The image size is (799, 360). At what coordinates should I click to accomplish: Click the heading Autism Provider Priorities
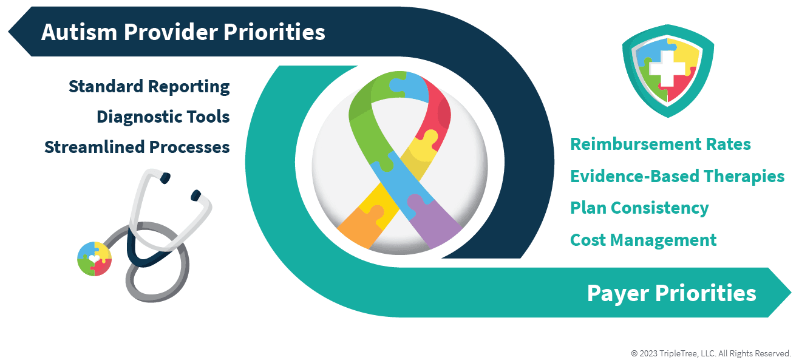[x=183, y=32]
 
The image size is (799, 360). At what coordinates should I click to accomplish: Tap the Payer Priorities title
[x=671, y=293]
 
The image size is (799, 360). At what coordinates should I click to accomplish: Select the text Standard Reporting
[x=149, y=87]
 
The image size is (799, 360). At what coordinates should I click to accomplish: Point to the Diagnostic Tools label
[x=163, y=117]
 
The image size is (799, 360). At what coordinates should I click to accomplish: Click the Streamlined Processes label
[x=137, y=147]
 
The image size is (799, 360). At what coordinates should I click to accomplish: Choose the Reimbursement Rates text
[x=661, y=144]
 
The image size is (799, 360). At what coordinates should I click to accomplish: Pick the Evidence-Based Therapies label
[x=678, y=176]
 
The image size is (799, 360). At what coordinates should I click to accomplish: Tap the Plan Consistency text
[x=639, y=208]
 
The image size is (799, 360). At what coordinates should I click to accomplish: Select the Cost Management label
[x=644, y=240]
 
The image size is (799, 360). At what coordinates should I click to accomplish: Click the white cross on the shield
[x=667, y=69]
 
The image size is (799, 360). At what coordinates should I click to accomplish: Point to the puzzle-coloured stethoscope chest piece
[x=95, y=259]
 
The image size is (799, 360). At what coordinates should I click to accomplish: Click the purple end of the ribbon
[x=436, y=223]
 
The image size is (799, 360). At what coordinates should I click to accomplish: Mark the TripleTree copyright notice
[x=711, y=353]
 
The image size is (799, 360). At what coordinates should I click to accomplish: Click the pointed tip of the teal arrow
[x=790, y=293]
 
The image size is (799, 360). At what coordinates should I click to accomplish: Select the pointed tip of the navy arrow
[x=9, y=32]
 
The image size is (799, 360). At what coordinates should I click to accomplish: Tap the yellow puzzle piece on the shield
[x=685, y=53]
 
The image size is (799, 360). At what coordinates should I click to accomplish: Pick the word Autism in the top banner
[x=79, y=32]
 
